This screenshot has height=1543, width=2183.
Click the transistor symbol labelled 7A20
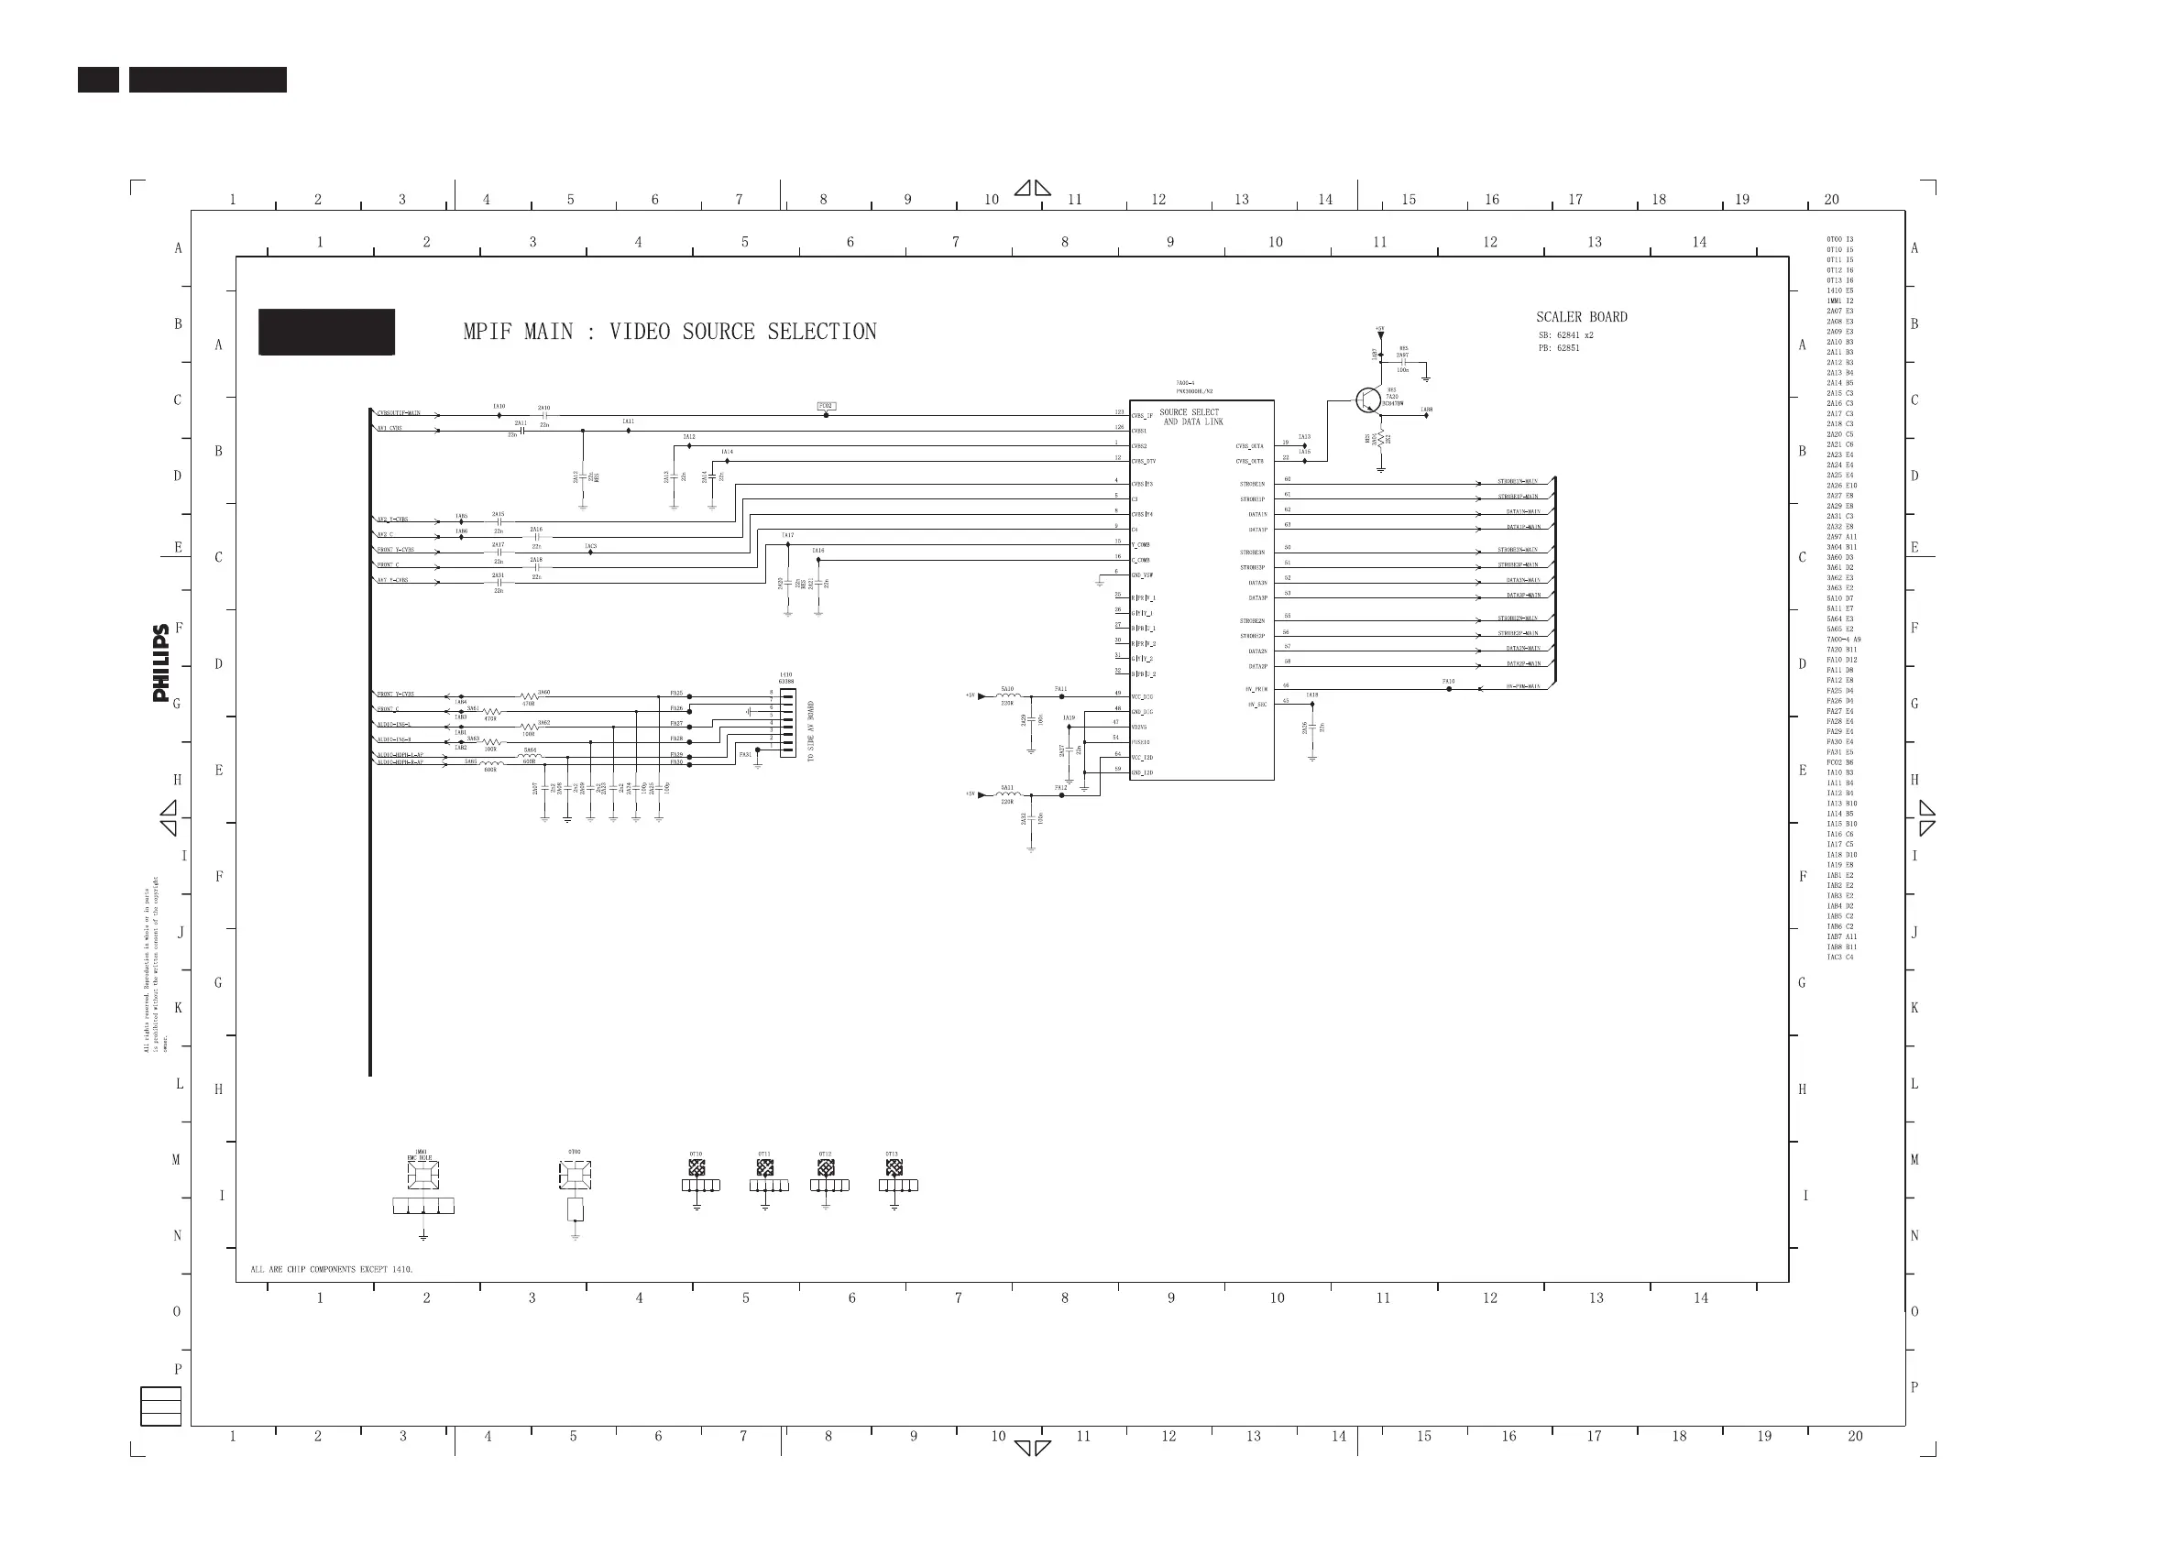click(x=1367, y=400)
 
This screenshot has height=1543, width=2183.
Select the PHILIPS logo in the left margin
click(x=160, y=662)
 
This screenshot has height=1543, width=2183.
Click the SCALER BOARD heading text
click(x=1581, y=317)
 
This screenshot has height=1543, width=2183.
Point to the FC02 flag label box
click(x=827, y=406)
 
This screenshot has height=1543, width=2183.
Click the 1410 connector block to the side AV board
click(x=787, y=723)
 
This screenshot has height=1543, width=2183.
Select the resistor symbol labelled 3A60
click(x=529, y=697)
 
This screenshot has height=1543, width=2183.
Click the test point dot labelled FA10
click(x=1448, y=688)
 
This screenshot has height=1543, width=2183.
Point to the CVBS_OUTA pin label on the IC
click(x=1249, y=446)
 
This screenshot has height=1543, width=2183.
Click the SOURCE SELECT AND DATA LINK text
click(x=1191, y=417)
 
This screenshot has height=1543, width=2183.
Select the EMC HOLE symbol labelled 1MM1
click(x=423, y=1175)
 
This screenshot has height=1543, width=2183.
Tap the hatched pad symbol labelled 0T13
click(x=894, y=1168)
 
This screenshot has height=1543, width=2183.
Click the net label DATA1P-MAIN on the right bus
click(x=1523, y=527)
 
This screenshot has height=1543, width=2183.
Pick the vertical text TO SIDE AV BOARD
click(x=811, y=731)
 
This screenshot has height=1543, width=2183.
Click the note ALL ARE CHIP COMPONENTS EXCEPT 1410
click(x=332, y=1269)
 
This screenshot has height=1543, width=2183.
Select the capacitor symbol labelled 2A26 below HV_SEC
click(x=1312, y=728)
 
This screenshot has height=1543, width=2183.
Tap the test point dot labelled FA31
click(x=758, y=750)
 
